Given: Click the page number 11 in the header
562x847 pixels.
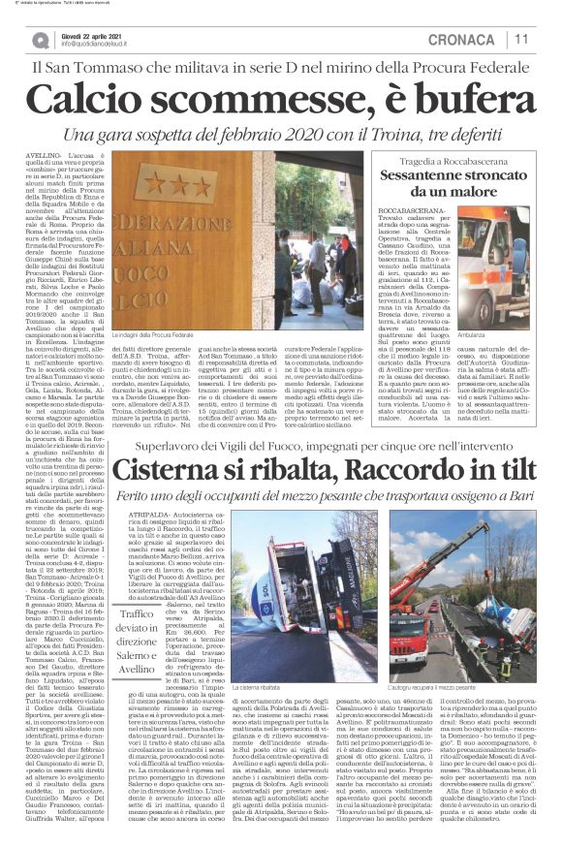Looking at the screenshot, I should [x=521, y=40].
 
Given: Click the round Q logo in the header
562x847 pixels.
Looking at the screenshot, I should [x=40, y=40].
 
